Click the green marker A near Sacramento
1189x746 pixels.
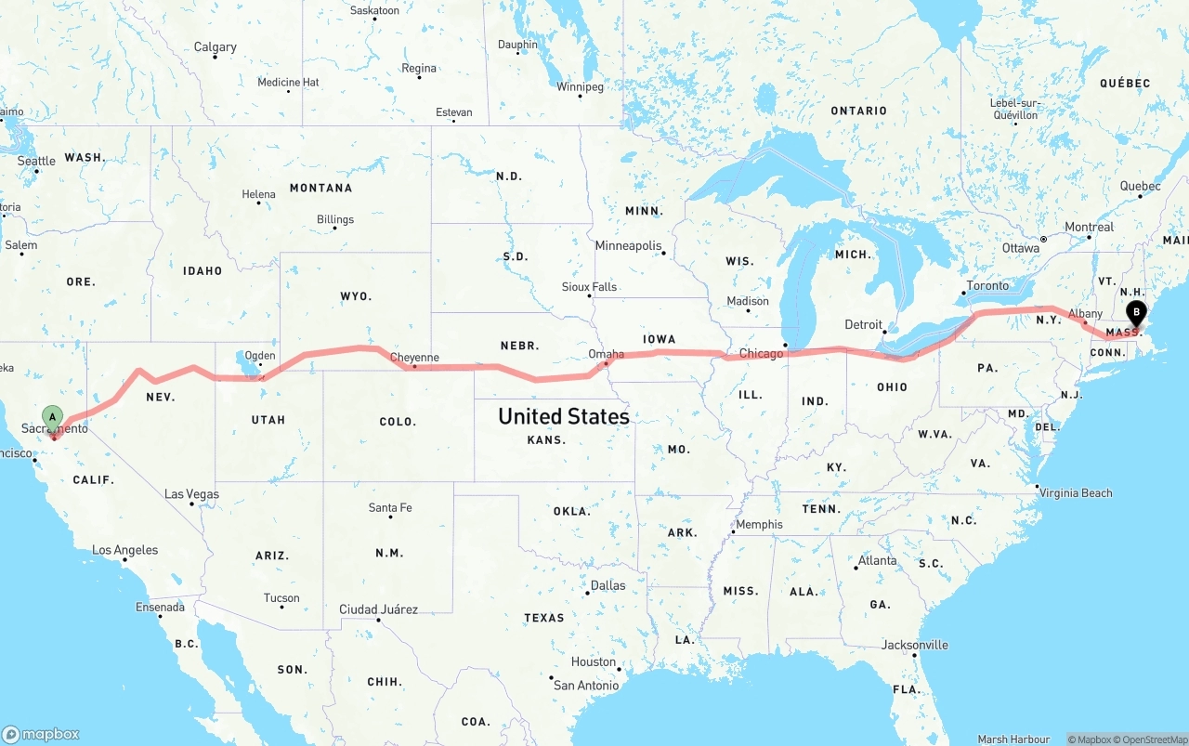click(53, 417)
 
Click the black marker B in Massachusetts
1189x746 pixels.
click(1135, 313)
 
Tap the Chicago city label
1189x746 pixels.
click(761, 354)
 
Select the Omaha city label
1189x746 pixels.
click(606, 354)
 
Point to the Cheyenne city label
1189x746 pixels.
click(414, 358)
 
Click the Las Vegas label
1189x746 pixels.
click(191, 494)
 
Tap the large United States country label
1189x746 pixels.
click(564, 416)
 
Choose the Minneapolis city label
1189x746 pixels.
click(628, 246)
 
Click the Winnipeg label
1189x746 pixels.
click(580, 87)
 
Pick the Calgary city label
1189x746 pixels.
click(215, 47)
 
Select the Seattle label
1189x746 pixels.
click(36, 161)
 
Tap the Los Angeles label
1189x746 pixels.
click(124, 550)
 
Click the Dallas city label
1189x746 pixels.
click(608, 585)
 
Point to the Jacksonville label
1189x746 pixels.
click(915, 645)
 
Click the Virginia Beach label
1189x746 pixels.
click(1076, 492)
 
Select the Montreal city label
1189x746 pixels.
click(1089, 227)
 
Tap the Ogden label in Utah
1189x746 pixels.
click(260, 356)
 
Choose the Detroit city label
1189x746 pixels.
click(864, 324)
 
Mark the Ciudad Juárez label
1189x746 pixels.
click(378, 609)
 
